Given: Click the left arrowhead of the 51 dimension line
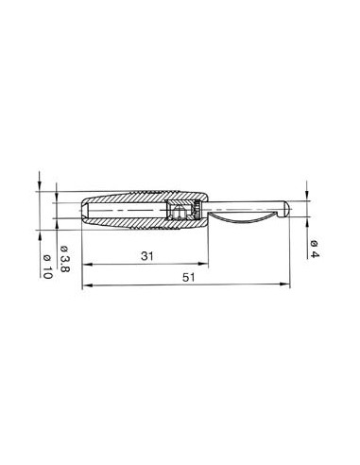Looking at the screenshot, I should (87, 284).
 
